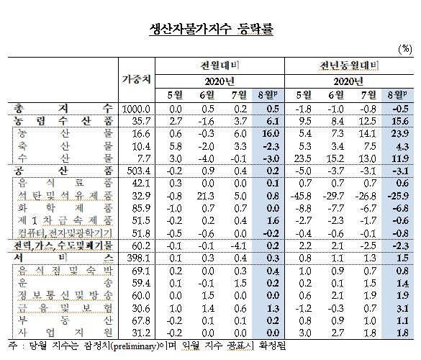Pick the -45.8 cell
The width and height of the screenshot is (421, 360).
pyautogui.click(x=306, y=194)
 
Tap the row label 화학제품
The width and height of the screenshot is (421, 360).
pyautogui.click(x=60, y=207)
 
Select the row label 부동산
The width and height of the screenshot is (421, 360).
pyautogui.click(x=60, y=319)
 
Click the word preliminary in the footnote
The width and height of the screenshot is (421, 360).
pyautogui.click(x=142, y=345)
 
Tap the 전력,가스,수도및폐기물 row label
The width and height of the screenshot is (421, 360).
pyautogui.click(x=60, y=246)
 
